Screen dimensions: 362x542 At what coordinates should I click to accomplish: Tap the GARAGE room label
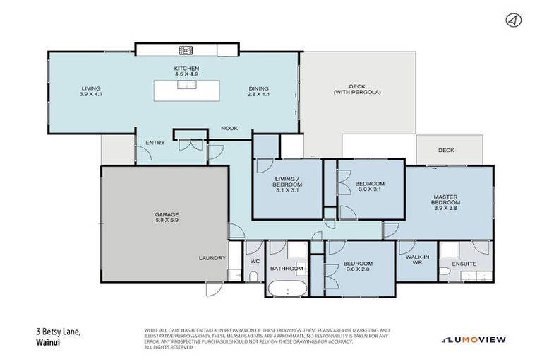tap(167, 218)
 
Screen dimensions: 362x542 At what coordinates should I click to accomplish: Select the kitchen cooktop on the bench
tap(186, 50)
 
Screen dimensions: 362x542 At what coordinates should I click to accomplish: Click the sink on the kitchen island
tap(187, 86)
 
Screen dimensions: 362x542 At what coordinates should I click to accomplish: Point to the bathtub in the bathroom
tap(286, 288)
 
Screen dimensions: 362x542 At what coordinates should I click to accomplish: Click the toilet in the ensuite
tap(445, 272)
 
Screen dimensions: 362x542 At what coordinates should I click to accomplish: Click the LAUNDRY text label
tap(212, 258)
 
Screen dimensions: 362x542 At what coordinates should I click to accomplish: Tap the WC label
tap(255, 262)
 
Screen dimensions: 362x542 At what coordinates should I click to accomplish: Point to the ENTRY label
tap(155, 143)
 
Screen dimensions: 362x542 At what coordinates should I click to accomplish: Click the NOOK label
tap(229, 128)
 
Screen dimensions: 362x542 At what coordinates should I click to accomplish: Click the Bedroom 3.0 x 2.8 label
tap(358, 267)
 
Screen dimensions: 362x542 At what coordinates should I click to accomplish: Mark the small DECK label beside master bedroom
tap(445, 150)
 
